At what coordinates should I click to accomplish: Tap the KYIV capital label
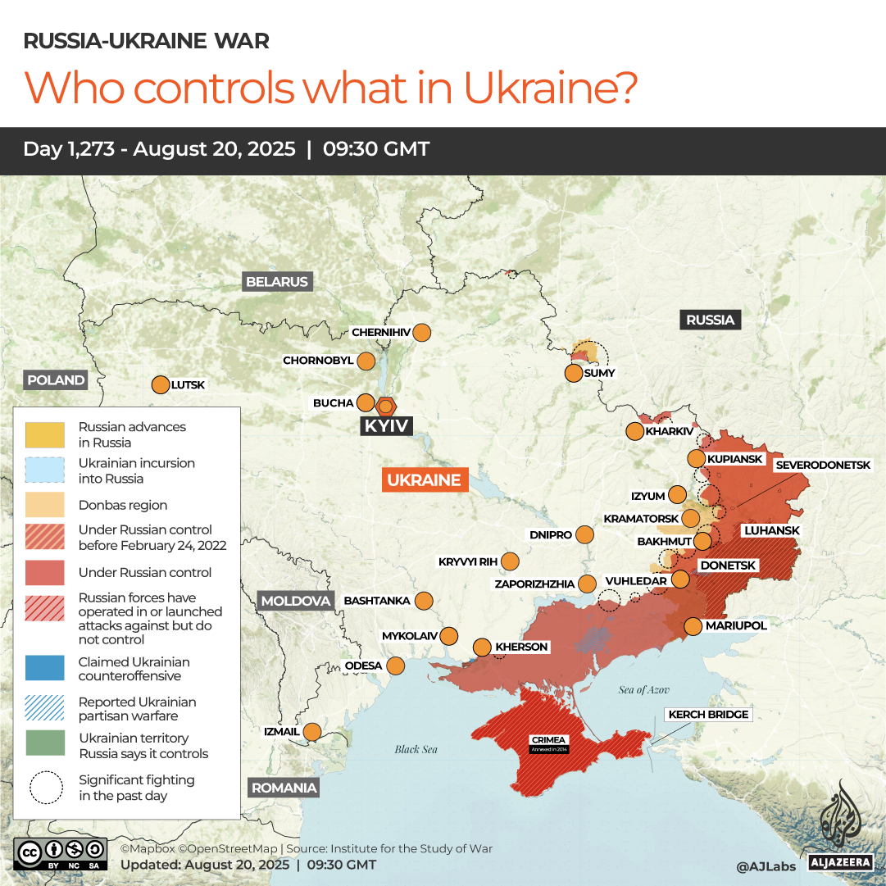387,426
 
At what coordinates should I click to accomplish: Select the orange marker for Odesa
396,666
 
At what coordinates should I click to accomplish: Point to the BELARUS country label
277,282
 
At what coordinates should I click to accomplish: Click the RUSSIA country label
710,320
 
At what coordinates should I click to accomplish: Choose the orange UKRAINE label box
424,480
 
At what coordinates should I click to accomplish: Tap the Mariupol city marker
693,626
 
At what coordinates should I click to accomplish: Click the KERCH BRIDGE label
708,715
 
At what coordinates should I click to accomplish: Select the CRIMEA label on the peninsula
549,741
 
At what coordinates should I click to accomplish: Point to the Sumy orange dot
574,373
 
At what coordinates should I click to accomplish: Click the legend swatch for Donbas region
45,505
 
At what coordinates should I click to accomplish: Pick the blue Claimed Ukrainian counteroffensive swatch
45,668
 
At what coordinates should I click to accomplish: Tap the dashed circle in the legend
45,788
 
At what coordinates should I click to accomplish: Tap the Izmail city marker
312,731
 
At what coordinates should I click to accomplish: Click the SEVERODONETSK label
823,465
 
